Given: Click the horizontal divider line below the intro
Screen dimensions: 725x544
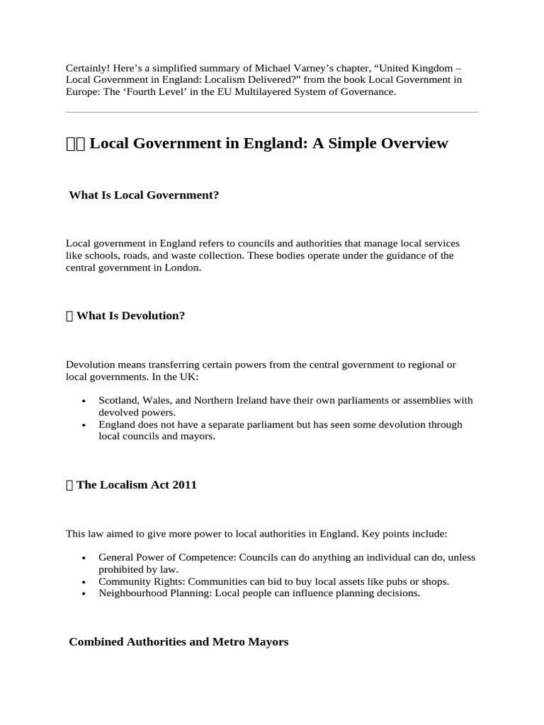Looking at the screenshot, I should pos(271,112).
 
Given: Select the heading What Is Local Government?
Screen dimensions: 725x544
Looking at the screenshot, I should pos(144,195).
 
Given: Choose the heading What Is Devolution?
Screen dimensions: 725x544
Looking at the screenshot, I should pos(130,316).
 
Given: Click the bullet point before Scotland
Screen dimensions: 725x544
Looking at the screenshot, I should pos(84,401).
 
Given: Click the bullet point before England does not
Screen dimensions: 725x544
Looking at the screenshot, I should pos(84,425).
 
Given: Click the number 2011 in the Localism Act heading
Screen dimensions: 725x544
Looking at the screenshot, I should pos(183,485).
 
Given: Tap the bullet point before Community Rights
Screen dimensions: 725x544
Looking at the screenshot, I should pos(84,582).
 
